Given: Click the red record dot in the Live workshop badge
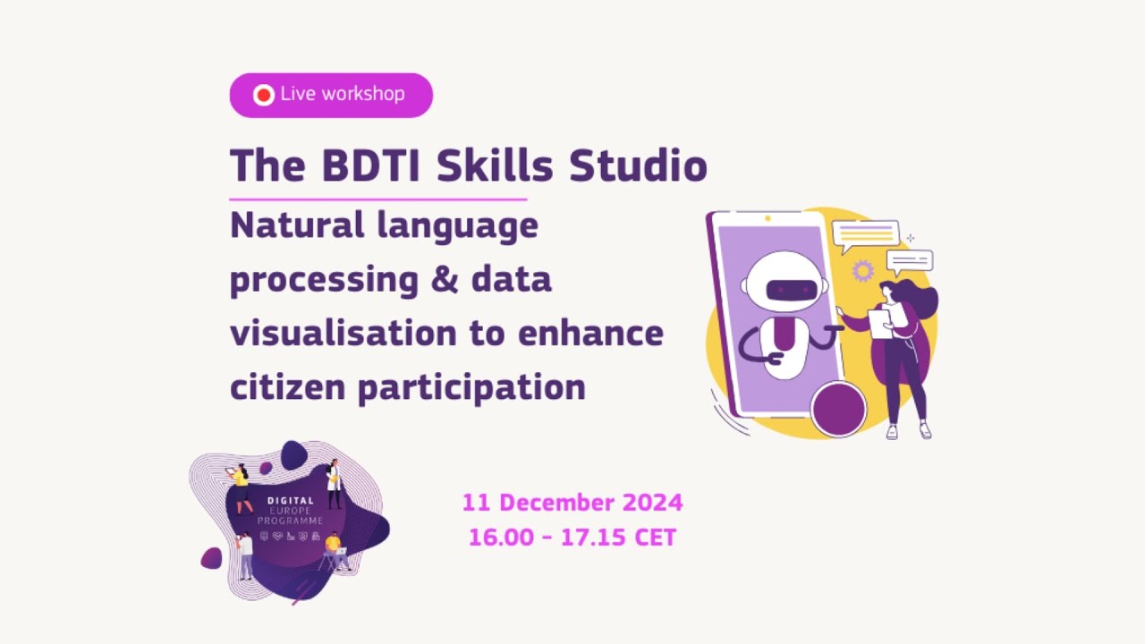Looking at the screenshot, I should click(x=263, y=95).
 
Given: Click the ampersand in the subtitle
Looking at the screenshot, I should click(x=445, y=280).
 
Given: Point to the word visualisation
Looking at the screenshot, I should click(x=343, y=334).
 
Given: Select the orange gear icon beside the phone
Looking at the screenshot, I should click(x=862, y=270).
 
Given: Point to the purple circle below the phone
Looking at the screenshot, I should click(x=838, y=408).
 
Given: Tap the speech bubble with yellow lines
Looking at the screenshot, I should click(x=865, y=235).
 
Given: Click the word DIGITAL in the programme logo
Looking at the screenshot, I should click(x=291, y=501).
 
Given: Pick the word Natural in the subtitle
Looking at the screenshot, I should click(x=296, y=225).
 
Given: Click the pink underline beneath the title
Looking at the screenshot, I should click(x=377, y=199).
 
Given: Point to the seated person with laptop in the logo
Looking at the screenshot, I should click(x=335, y=550).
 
